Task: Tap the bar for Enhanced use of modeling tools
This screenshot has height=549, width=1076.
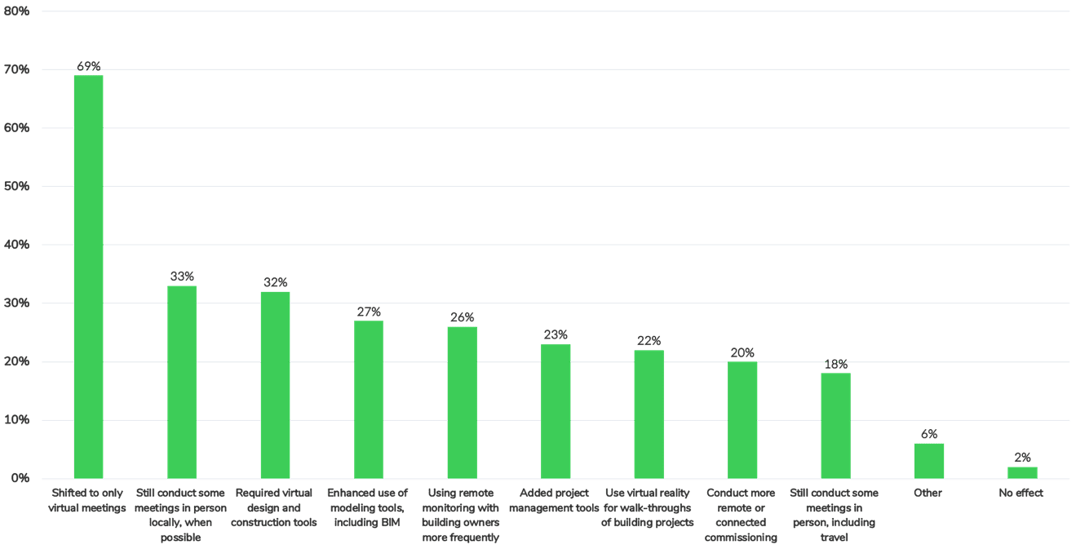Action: click(x=369, y=399)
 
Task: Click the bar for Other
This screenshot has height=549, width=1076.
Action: click(x=929, y=460)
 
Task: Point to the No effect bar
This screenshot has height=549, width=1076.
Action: click(x=1022, y=472)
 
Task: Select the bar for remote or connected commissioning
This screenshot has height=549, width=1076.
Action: click(x=742, y=419)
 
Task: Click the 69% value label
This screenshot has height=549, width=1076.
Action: click(x=89, y=66)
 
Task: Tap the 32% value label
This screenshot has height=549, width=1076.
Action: click(x=276, y=282)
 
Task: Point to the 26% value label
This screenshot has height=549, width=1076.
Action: click(x=463, y=317)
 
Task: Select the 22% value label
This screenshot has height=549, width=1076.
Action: click(x=649, y=340)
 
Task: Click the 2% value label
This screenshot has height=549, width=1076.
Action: click(x=1023, y=458)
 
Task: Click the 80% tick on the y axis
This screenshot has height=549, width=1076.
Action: click(x=16, y=11)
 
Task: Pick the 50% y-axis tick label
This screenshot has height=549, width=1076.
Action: click(x=16, y=187)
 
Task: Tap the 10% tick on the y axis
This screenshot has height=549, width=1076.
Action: click(x=16, y=420)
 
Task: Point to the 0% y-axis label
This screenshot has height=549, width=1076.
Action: click(x=20, y=478)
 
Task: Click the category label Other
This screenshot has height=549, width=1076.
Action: click(x=929, y=493)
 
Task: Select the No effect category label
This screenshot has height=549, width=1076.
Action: click(x=1022, y=493)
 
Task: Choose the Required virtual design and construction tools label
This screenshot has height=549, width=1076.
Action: click(x=275, y=507)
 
